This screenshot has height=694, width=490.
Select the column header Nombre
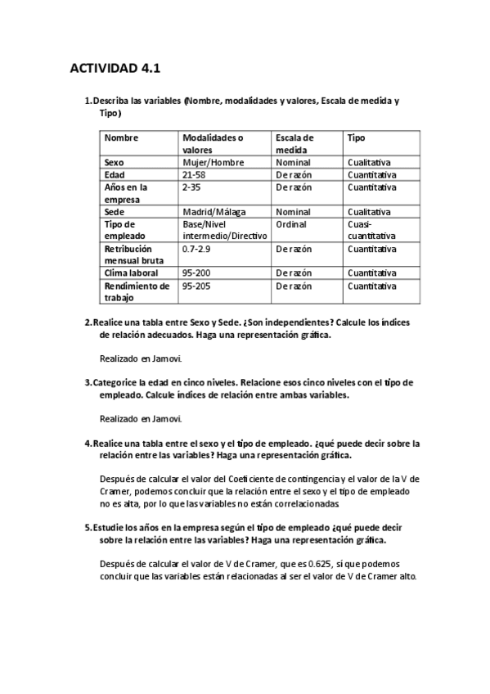pos(122,137)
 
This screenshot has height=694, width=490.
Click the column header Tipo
pos(356,137)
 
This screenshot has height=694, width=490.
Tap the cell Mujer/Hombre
pos(213,162)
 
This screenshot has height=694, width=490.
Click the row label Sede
pos(115,211)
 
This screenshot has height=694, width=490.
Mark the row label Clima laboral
pos(131,273)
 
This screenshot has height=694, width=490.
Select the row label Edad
pos(115,174)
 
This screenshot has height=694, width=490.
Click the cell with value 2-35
pos(191,187)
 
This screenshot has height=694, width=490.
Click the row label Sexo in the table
pos(115,162)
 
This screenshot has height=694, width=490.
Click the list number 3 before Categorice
pos(88,382)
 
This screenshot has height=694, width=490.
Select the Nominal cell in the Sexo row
pos(293,162)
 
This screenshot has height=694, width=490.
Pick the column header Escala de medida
pos(294,144)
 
